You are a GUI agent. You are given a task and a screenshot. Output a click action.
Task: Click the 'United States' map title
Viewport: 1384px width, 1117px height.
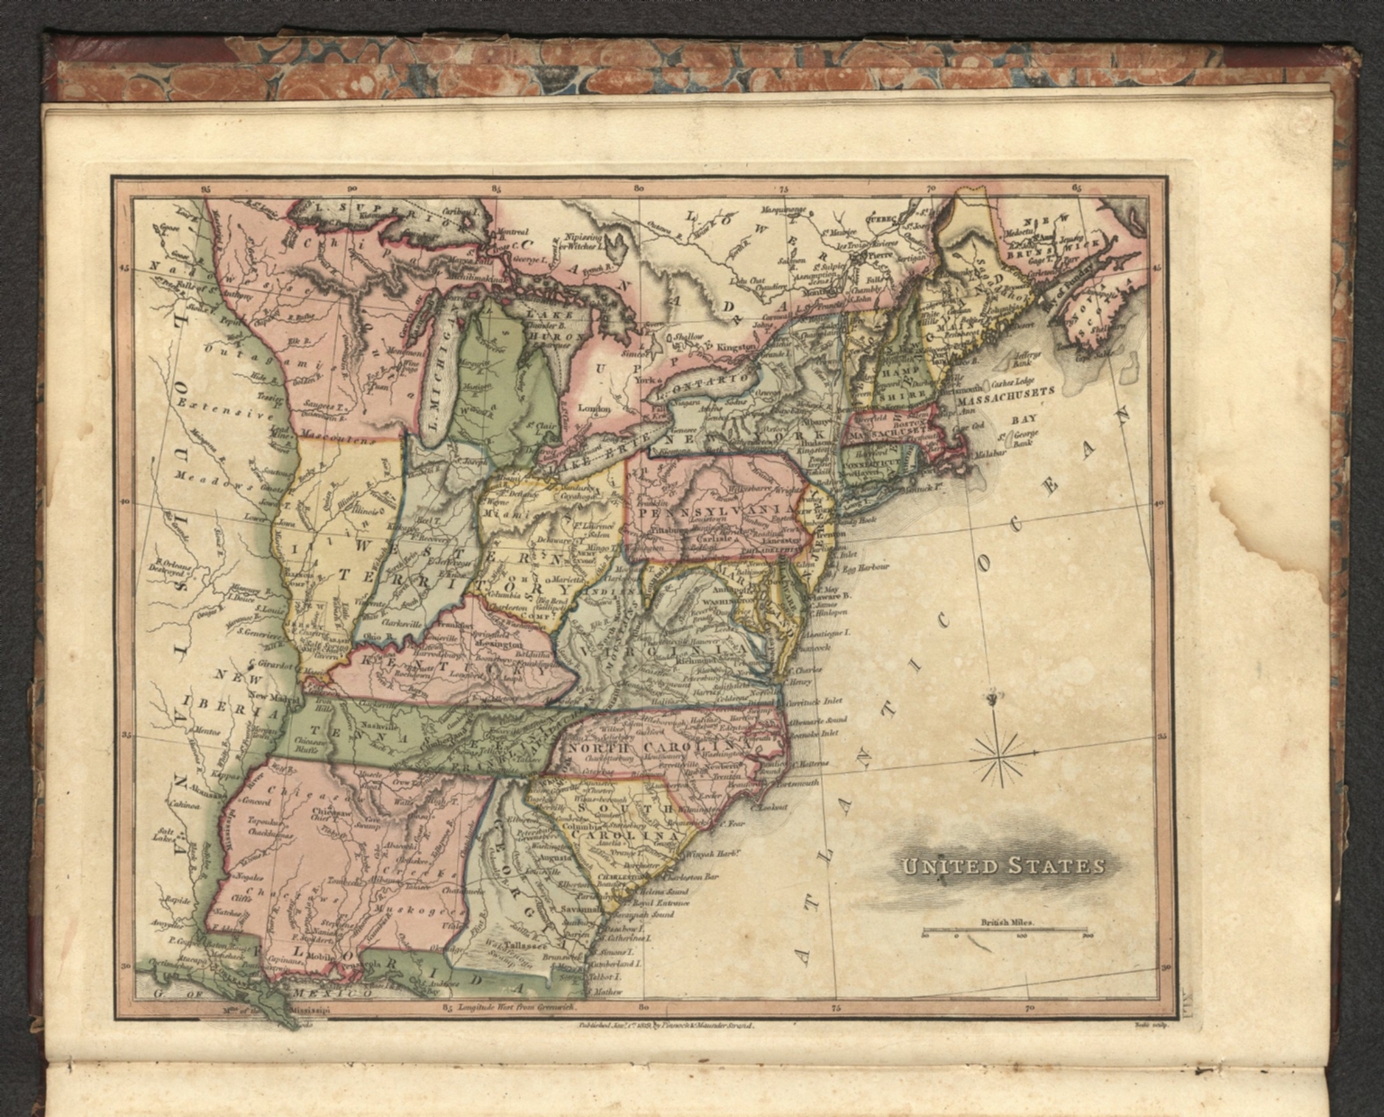(x=1001, y=866)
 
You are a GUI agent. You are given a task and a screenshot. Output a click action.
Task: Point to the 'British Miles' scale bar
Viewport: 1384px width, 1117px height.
(x=1005, y=932)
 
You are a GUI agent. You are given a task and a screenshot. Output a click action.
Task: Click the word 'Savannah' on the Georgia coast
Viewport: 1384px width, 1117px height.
(x=578, y=909)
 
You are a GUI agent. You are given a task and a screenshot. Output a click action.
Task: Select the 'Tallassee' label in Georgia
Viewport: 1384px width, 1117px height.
(x=522, y=947)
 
